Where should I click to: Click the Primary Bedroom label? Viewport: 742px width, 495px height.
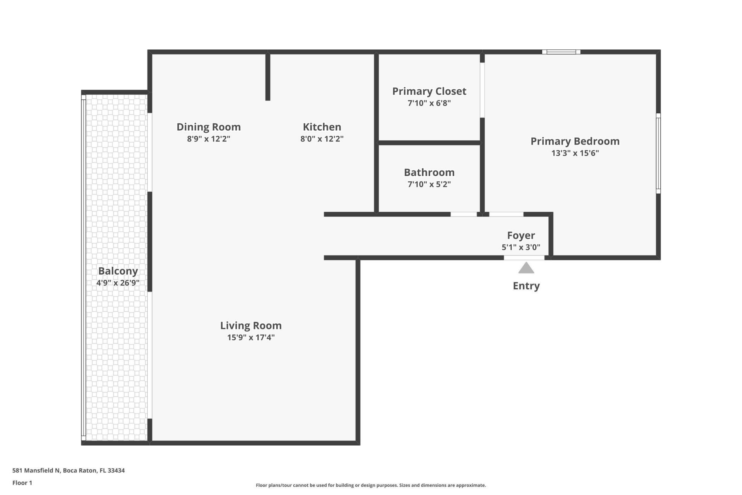pyautogui.click(x=575, y=141)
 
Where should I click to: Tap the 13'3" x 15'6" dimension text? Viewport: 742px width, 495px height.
pyautogui.click(x=575, y=153)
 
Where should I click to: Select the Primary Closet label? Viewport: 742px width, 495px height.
pyautogui.click(x=429, y=91)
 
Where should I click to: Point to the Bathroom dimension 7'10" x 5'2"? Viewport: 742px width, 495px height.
pyautogui.click(x=429, y=184)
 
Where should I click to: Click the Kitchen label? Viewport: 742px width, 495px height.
pyautogui.click(x=322, y=127)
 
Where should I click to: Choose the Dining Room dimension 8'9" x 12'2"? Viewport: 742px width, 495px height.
pyautogui.click(x=208, y=139)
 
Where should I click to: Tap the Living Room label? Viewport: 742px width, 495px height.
pyautogui.click(x=250, y=326)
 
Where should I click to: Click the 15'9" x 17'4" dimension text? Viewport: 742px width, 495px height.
pyautogui.click(x=250, y=338)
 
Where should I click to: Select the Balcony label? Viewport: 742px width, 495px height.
pyautogui.click(x=117, y=271)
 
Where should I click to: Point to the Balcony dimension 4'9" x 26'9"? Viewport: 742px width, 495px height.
pyautogui.click(x=117, y=283)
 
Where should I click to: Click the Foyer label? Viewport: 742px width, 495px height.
pyautogui.click(x=521, y=235)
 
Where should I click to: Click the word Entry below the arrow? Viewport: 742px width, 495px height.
pyautogui.click(x=526, y=286)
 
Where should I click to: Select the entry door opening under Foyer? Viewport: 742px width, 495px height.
pyautogui.click(x=524, y=258)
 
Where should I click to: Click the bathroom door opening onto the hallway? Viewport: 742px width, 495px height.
pyautogui.click(x=463, y=214)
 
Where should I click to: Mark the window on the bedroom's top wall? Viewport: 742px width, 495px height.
pyautogui.click(x=561, y=52)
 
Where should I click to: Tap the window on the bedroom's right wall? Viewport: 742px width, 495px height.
pyautogui.click(x=658, y=154)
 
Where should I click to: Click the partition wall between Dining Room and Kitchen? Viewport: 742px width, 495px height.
pyautogui.click(x=267, y=77)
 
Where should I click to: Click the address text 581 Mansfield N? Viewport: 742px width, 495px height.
pyautogui.click(x=36, y=471)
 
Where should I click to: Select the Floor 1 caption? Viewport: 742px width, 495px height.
pyautogui.click(x=22, y=483)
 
